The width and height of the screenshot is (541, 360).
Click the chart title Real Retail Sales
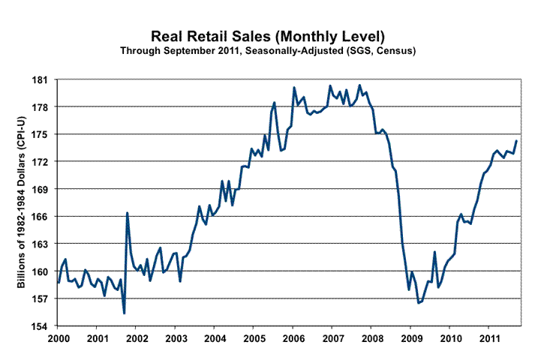pos(270,36)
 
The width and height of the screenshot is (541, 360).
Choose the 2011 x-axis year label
pos(488,340)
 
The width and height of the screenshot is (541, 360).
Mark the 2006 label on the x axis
pos(293,340)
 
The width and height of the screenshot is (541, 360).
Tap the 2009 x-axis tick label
pos(410,340)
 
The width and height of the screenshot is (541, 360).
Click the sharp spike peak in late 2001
pos(127,213)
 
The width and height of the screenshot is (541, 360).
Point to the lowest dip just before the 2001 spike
pos(124,313)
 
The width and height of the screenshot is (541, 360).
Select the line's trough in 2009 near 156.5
pos(418,303)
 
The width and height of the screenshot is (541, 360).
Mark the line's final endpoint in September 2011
pos(516,141)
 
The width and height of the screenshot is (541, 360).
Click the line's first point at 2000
pos(58,282)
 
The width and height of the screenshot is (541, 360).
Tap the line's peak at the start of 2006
pos(293,88)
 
